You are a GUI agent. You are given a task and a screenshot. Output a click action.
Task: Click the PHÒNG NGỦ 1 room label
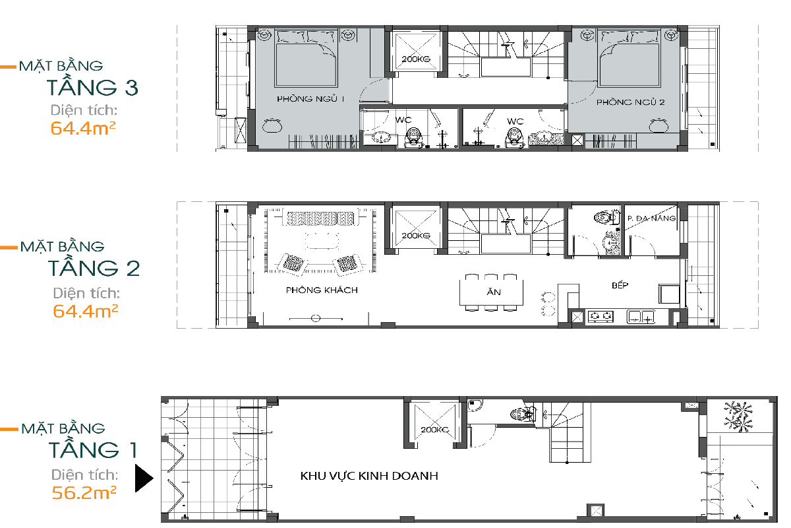310,98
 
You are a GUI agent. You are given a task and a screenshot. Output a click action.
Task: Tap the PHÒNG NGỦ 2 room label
630,102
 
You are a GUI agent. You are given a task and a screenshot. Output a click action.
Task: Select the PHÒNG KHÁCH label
322,290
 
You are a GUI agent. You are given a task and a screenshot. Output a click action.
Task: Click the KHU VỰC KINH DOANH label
369,476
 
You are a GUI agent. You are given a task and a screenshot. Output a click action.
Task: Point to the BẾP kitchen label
620,284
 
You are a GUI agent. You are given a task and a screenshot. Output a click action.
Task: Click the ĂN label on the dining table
494,292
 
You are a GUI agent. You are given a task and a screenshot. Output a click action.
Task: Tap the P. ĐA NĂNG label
651,218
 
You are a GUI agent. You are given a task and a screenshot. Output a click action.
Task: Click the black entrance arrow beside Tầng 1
144,478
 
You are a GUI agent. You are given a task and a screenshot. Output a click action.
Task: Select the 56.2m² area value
84,492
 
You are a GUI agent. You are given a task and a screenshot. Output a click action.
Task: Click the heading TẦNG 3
92,87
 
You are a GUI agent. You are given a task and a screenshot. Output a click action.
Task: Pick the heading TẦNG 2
94,268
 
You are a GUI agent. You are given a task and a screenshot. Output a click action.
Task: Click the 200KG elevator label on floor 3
416,59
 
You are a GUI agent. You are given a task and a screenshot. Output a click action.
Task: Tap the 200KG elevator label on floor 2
416,236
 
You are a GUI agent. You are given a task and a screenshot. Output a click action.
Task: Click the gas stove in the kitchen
601,317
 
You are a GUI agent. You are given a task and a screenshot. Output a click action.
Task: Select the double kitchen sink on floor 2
641,317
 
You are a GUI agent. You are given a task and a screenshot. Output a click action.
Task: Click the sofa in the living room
320,218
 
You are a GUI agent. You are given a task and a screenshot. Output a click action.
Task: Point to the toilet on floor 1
523,414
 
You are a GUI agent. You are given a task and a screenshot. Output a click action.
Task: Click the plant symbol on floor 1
738,416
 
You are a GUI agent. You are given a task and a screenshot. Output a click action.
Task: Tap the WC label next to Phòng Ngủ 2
515,121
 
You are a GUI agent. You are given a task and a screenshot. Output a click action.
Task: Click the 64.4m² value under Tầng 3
82,128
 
